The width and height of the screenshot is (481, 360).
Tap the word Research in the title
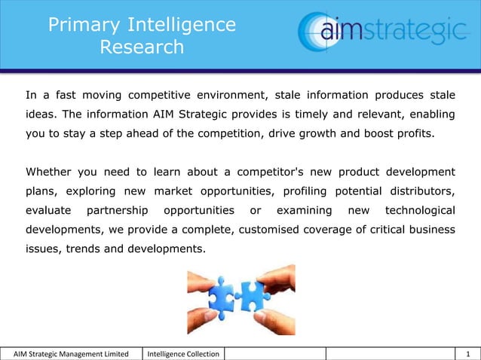pos(142,47)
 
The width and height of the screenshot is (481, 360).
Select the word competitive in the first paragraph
pos(164,96)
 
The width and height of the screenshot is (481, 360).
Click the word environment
pos(229,96)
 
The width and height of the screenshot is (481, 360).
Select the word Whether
pos(51,171)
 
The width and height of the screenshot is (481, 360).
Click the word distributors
pos(421,191)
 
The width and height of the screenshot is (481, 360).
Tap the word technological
pos(419,209)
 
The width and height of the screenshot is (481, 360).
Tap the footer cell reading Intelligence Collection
pos(184,354)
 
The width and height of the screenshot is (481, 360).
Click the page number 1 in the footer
pos(468,354)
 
